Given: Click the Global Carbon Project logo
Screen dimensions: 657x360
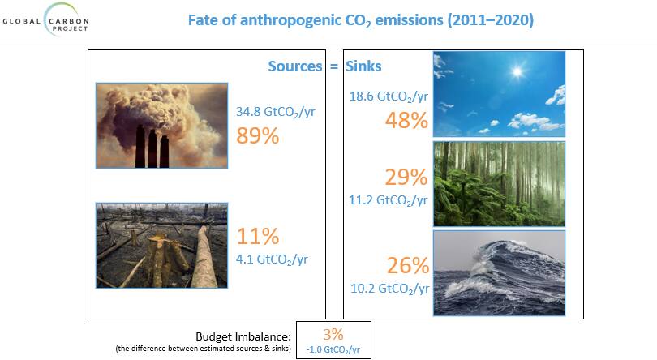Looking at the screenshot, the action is pyautogui.click(x=45, y=19).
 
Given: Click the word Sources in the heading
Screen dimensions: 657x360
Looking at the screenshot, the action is pyautogui.click(x=295, y=66).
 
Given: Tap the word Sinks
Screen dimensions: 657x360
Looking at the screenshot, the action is pyautogui.click(x=363, y=66).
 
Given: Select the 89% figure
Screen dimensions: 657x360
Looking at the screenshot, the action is pyautogui.click(x=258, y=135).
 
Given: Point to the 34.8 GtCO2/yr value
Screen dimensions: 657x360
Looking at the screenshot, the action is pyautogui.click(x=275, y=112).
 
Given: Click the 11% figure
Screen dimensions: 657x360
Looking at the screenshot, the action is pyautogui.click(x=258, y=236).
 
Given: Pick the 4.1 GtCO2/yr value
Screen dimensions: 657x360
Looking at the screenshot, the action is pyautogui.click(x=272, y=259).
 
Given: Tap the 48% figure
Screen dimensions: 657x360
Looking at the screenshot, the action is pyautogui.click(x=407, y=121).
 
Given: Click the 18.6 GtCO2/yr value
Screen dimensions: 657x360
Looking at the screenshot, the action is pyautogui.click(x=389, y=96).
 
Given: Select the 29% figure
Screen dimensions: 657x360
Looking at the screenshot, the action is pyautogui.click(x=406, y=177).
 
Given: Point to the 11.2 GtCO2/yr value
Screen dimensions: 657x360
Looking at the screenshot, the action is pyautogui.click(x=388, y=200).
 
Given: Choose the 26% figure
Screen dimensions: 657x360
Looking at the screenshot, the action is pyautogui.click(x=408, y=265).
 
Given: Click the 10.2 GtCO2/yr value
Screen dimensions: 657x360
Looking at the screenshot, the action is pyautogui.click(x=390, y=289).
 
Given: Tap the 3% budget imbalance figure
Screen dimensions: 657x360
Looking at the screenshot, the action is pyautogui.click(x=333, y=334).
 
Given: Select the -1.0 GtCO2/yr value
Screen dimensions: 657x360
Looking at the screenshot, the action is pyautogui.click(x=333, y=349).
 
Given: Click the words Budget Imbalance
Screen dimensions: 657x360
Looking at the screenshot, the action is pyautogui.click(x=243, y=336).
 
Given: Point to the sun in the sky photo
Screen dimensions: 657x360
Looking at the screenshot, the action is pyautogui.click(x=517, y=71).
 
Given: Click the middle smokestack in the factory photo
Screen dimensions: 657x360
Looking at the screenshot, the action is pyautogui.click(x=152, y=148).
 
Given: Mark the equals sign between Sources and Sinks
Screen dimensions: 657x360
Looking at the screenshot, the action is pyautogui.click(x=334, y=66).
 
